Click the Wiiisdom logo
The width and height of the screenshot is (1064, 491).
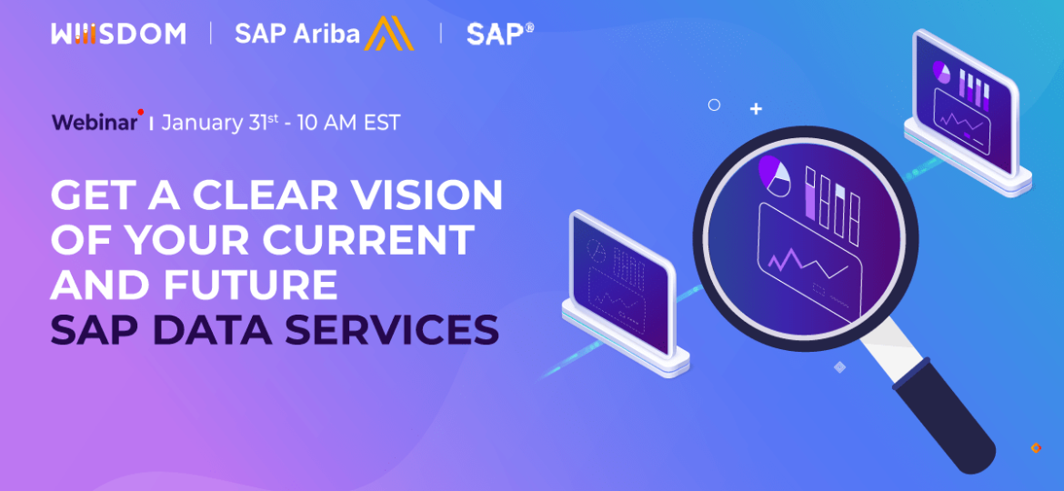(118, 35)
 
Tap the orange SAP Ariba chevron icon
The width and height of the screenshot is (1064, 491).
(388, 35)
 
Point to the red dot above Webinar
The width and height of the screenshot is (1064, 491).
(141, 113)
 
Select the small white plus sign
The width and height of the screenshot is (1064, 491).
(756, 109)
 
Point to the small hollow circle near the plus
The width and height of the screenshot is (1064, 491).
(714, 105)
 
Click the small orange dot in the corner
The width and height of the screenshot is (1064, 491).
(1036, 448)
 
